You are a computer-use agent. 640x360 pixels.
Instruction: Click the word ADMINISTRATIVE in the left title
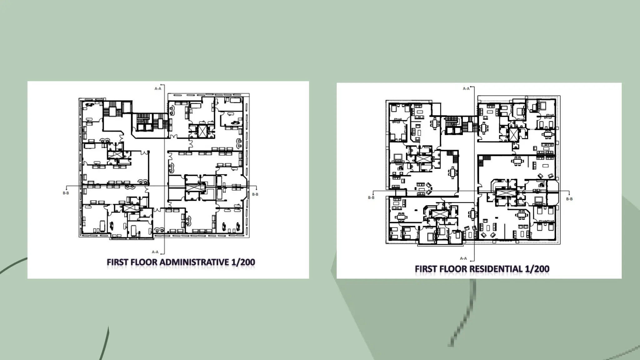(x=194, y=262)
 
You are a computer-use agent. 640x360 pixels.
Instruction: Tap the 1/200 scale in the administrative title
(x=243, y=262)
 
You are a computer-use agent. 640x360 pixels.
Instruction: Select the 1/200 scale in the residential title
(x=537, y=269)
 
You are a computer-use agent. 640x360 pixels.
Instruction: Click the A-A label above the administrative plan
(x=158, y=89)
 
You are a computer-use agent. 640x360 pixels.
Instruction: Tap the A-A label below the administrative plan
(x=155, y=252)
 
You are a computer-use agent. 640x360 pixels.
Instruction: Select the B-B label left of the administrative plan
(x=66, y=193)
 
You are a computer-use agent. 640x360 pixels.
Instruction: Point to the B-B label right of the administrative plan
(x=255, y=194)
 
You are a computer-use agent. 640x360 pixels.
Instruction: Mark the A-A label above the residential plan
(x=466, y=89)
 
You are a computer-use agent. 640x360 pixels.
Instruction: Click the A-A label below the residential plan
(x=463, y=258)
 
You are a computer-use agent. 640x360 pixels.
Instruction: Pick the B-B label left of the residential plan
(x=371, y=197)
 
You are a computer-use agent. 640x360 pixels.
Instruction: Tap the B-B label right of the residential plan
(x=569, y=199)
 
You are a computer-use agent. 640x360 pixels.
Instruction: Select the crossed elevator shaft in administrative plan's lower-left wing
(x=131, y=208)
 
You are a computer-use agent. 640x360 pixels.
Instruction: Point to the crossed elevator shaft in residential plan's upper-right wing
(x=513, y=135)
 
